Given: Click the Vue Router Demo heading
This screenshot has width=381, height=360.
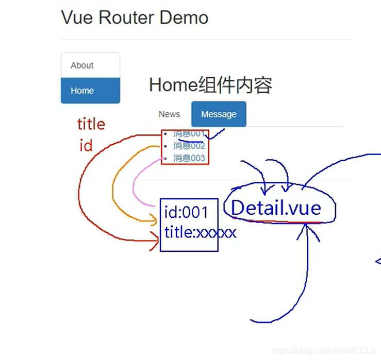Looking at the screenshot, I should pos(135,18).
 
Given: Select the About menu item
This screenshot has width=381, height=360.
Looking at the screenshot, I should pos(82,65).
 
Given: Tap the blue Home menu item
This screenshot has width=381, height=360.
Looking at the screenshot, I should pos(82,91).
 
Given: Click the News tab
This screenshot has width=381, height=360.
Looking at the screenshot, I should pos(169,114).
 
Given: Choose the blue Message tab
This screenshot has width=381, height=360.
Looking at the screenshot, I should pos(219,114).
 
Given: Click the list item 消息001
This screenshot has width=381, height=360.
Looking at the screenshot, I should pos(189,134).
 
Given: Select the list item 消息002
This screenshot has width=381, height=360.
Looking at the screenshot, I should pos(189,146).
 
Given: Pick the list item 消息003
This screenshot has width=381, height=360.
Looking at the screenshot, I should pos(189,158).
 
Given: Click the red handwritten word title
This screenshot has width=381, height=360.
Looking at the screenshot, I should pos(91,124).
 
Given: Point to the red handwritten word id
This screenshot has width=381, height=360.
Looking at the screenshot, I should pos(86,146).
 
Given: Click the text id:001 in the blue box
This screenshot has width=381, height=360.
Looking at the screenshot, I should pos(186,212).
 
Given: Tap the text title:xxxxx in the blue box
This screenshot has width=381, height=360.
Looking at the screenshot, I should pos(200,233).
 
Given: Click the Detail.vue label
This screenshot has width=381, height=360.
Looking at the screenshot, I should pos(276,208).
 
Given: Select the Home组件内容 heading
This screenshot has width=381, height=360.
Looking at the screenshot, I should pos(210,85).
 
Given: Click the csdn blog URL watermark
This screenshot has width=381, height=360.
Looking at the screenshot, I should pos(324,350).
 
